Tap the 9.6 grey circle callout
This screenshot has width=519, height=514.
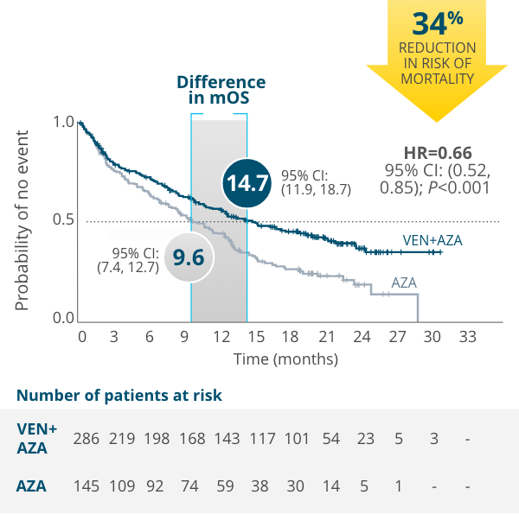point(188,257)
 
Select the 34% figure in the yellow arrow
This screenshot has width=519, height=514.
point(437,22)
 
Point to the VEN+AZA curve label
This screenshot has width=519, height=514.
point(432,239)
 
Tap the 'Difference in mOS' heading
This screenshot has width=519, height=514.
point(221,90)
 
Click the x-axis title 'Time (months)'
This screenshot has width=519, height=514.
point(285,358)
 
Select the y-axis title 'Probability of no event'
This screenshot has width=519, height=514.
point(22,221)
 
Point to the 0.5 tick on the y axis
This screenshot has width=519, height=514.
point(63,221)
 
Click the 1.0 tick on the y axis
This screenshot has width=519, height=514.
point(63,123)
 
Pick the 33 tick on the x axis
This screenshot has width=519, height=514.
point(467,336)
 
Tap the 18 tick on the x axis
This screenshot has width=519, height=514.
point(290,336)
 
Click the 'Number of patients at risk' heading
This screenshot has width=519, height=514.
point(119,396)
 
